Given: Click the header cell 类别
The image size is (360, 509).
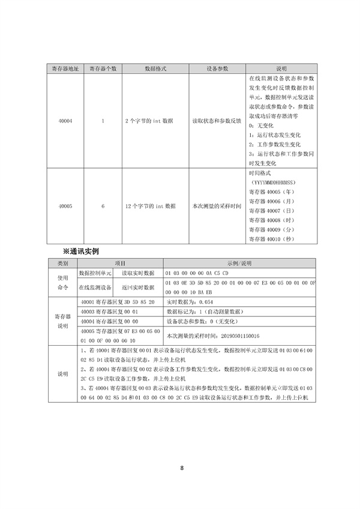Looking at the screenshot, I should (x=63, y=263).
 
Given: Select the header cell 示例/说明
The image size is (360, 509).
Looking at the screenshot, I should (x=239, y=263).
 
